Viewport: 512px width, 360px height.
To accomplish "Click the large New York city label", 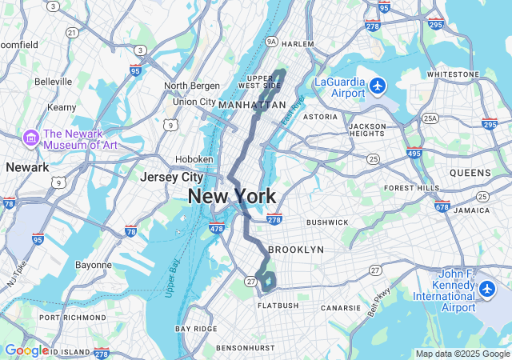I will [x=232, y=196].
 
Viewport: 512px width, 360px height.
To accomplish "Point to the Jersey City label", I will [x=170, y=177].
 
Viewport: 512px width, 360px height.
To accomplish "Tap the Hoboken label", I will [x=194, y=158].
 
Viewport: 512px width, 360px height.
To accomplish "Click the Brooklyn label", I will [x=296, y=250].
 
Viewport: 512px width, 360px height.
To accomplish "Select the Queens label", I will [x=470, y=173].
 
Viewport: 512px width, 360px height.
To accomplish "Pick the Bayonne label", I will [x=93, y=264].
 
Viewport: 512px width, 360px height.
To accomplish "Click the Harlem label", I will [x=298, y=43].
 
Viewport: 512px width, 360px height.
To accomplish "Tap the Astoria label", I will [x=320, y=116].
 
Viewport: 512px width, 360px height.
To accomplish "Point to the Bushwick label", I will [x=327, y=222].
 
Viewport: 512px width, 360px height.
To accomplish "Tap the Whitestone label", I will [x=452, y=74].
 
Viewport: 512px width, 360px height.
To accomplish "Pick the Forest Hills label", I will [x=412, y=188].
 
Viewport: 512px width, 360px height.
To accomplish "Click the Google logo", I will [x=26, y=350].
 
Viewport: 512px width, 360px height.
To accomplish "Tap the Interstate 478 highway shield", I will [x=216, y=229].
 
